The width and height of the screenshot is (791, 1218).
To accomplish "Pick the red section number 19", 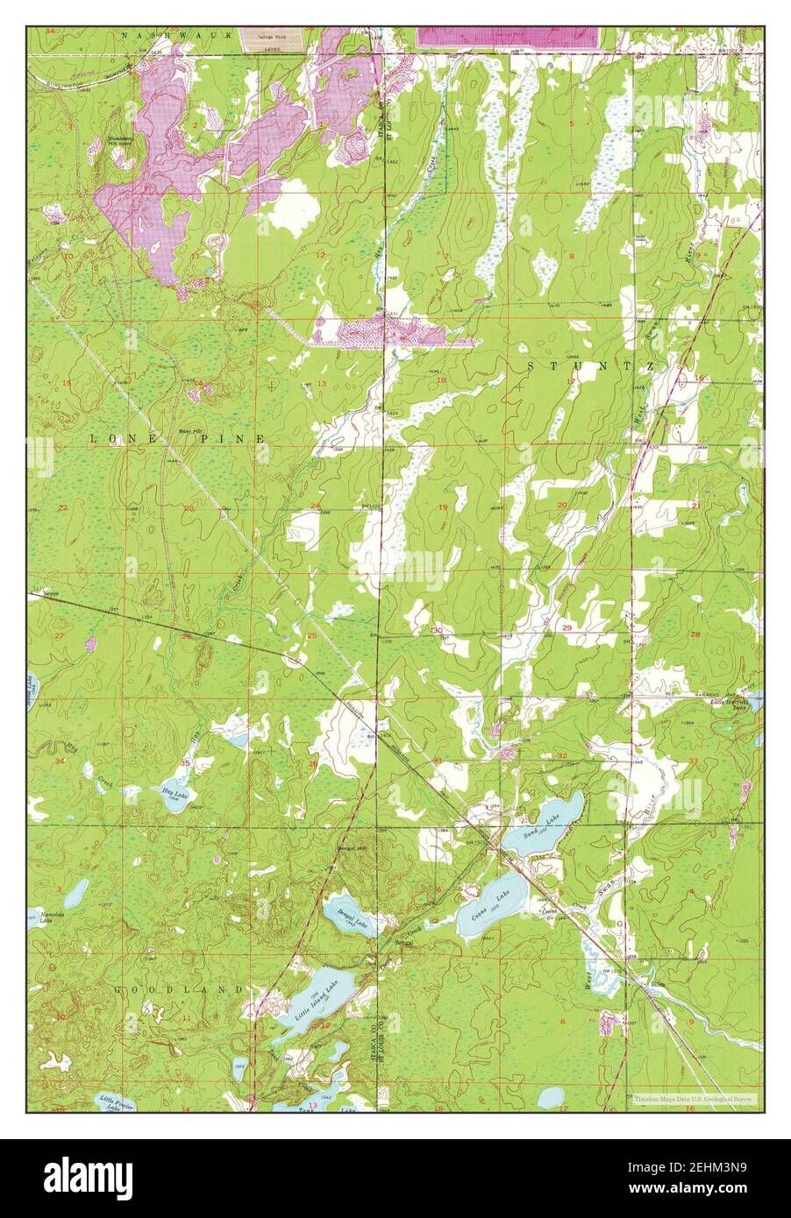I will [443, 508].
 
